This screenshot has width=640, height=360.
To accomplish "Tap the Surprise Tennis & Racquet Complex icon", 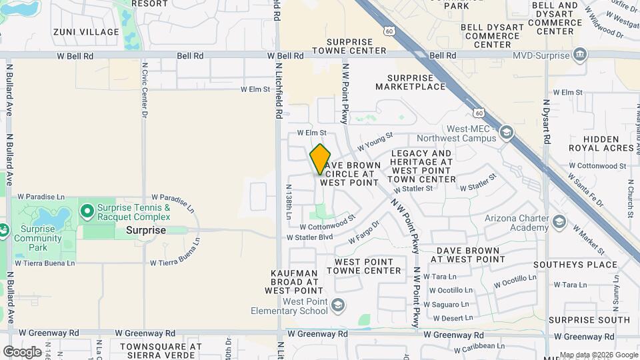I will pyautogui.click(x=87, y=212).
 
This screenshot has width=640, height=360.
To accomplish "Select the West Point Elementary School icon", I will pyautogui.click(x=338, y=305).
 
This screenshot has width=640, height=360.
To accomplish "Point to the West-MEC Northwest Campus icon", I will pyautogui.click(x=507, y=133).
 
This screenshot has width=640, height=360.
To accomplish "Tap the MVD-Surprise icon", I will pyautogui.click(x=580, y=54).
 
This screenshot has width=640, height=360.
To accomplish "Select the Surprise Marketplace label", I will pyautogui.click(x=419, y=81).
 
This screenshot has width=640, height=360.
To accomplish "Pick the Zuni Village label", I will pyautogui.click(x=81, y=31).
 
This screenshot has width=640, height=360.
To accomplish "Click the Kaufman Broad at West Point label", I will pyautogui.click(x=297, y=283).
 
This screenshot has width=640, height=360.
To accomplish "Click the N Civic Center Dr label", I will pyautogui.click(x=144, y=91).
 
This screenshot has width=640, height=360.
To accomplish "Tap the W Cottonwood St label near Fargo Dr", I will pyautogui.click(x=327, y=221).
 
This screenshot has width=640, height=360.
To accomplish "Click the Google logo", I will pyautogui.click(x=22, y=351).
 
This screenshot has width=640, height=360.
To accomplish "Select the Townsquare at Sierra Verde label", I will pyautogui.click(x=160, y=351).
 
